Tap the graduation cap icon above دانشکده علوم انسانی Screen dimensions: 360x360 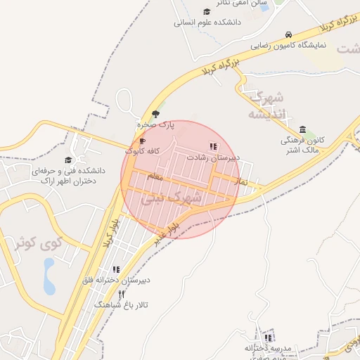pyautogui.click(x=206, y=11)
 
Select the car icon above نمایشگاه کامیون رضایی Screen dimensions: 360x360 pyautogui.click(x=289, y=34)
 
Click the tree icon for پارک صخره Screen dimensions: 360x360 pyautogui.click(x=155, y=113)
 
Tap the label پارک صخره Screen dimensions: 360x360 pyautogui.click(x=155, y=124)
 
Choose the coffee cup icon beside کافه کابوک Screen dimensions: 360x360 pyautogui.click(x=143, y=141)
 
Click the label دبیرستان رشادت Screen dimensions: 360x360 pyautogui.click(x=213, y=157)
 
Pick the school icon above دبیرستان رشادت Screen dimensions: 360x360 pyautogui.click(x=212, y=146)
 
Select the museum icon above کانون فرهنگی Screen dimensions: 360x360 pyautogui.click(x=302, y=129)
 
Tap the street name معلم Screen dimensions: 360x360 pyautogui.click(x=155, y=177)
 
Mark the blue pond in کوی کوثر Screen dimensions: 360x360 pyautogui.click(x=49, y=276)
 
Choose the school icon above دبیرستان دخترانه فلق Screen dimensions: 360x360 pyautogui.click(x=116, y=269)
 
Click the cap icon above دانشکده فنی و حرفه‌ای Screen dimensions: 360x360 pyautogui.click(x=68, y=160)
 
